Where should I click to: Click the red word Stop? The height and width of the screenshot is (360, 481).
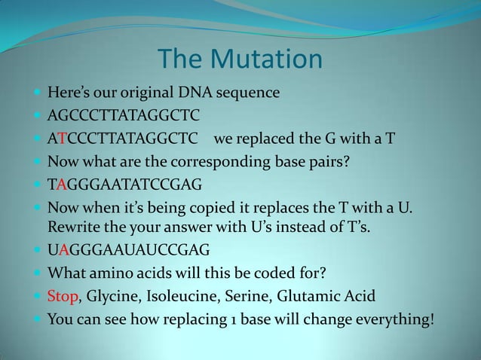tap(63, 296)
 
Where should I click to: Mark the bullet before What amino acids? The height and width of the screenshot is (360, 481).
tap(37, 273)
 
